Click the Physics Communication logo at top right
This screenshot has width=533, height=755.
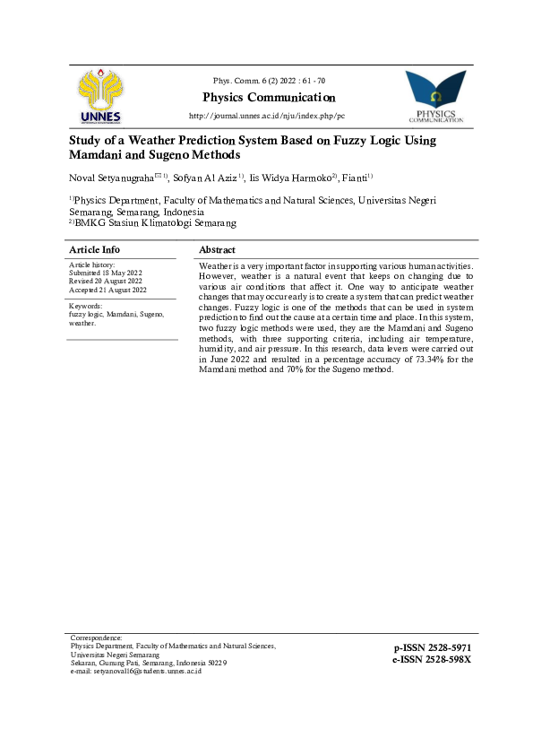435,97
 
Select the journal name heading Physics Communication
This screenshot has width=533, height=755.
269,98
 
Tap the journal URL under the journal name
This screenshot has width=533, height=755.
266,117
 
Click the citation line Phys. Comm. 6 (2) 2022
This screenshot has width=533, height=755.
269,82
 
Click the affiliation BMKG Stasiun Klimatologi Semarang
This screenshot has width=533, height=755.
156,222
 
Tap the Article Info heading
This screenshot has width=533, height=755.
94,249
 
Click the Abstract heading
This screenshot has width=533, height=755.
217,249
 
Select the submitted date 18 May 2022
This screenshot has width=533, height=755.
120,273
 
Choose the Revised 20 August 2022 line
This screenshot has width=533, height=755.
105,281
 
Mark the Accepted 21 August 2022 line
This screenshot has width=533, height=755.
107,289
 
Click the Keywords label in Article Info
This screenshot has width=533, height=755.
86,307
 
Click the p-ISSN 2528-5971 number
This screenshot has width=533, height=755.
432,647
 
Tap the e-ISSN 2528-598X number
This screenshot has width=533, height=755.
431,659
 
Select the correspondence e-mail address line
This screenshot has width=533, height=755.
135,671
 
